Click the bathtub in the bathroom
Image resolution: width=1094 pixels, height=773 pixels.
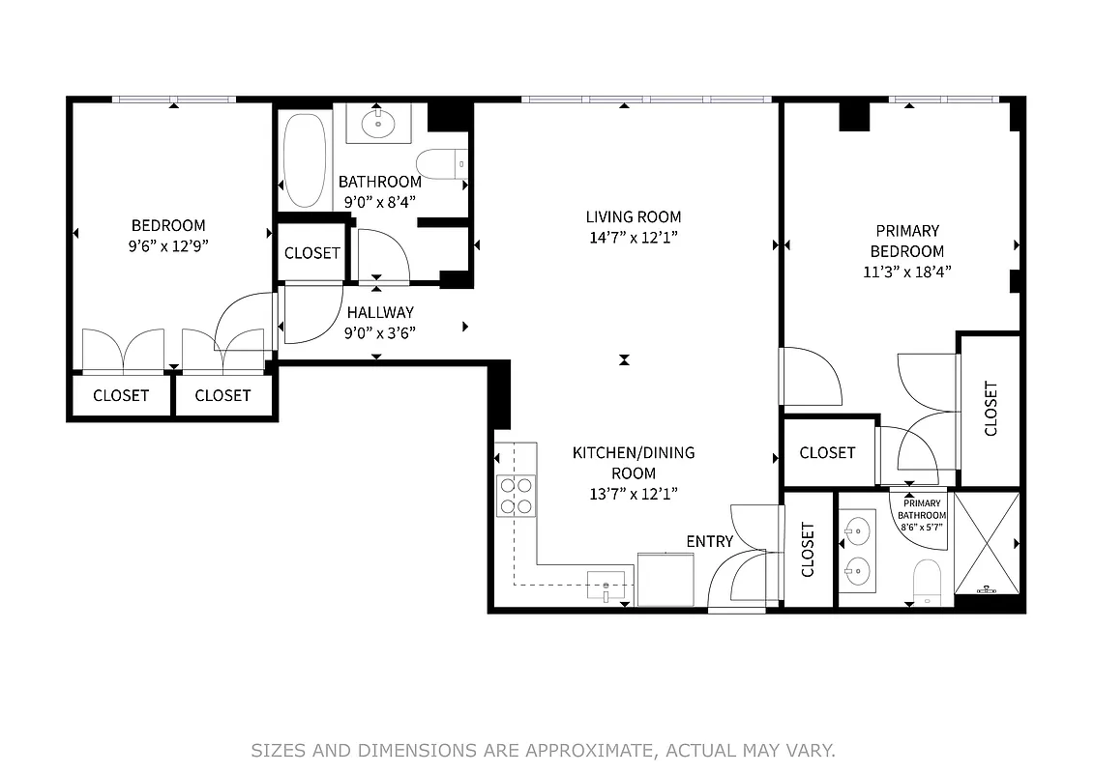pos(305,161)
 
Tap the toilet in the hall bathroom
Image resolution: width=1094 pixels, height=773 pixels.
pos(442,164)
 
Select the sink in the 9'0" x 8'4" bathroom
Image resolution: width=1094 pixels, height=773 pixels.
pos(373,124)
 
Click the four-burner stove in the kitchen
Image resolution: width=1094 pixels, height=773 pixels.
pos(516,495)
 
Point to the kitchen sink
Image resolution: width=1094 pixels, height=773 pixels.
pos(606,586)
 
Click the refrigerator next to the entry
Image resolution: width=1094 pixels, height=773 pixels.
pos(665,579)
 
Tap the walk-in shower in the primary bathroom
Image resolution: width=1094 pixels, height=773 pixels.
pos(987,543)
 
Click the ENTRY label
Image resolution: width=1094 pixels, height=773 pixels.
pos(709,541)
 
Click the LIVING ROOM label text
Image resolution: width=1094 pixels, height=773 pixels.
pos(633,217)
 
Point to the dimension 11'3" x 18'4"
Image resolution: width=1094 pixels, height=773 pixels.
pos(906,272)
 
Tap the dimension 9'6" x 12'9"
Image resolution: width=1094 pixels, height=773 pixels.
pos(168,246)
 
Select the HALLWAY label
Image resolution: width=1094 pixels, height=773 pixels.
pos(380,312)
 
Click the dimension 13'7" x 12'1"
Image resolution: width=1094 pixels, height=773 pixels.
pos(633,494)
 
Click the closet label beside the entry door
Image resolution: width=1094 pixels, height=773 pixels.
pos(808,550)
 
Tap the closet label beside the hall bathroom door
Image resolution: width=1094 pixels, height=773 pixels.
pos(311,253)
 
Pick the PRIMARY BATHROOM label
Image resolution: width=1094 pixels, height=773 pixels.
pos(922,509)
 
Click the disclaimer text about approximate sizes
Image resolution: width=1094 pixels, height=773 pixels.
pos(543,750)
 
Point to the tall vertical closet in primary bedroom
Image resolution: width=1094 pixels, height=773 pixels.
pos(991,409)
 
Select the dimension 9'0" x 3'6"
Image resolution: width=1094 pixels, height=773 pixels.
pos(380,333)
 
